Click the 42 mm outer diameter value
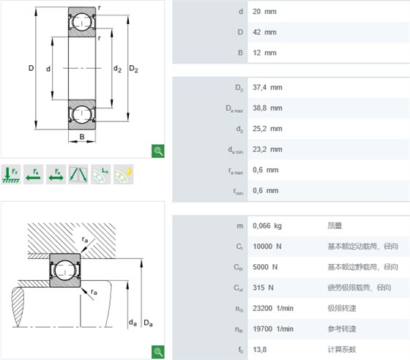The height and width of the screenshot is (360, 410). click(x=264, y=32)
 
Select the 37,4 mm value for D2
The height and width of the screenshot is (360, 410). click(x=267, y=87)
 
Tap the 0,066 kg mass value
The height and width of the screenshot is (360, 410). click(x=267, y=225)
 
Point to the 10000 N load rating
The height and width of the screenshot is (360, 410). click(x=267, y=247)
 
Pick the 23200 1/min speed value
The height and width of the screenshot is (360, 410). click(x=273, y=308)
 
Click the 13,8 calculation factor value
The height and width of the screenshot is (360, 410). click(x=259, y=350)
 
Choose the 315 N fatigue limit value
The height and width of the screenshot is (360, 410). click(x=263, y=288)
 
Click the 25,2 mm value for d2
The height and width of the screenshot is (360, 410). click(x=267, y=129)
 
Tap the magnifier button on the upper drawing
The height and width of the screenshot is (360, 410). click(x=158, y=151)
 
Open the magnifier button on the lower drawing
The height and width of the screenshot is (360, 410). click(x=158, y=352)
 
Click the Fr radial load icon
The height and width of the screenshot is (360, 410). click(x=11, y=175)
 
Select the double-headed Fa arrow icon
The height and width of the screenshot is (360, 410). click(x=56, y=175)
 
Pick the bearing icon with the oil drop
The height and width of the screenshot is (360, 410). click(x=124, y=175)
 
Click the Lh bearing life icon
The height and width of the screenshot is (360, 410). click(x=101, y=175)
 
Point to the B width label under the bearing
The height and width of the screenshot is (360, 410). click(x=82, y=137)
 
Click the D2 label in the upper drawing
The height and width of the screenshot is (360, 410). click(x=133, y=69)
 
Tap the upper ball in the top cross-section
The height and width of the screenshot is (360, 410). click(x=82, y=22)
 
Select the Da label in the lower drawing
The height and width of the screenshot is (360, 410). click(x=148, y=323)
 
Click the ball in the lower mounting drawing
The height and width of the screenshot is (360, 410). click(x=65, y=271)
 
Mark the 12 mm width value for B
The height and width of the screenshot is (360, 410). click(x=264, y=53)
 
